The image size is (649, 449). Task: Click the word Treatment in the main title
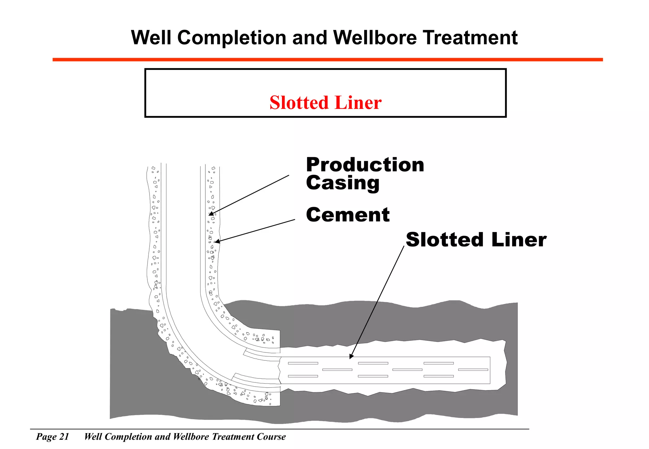(470, 38)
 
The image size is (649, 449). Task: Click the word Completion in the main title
(232, 38)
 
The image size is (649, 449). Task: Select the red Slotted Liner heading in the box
(325, 103)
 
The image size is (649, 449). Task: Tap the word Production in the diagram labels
(365, 165)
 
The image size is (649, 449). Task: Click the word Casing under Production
(343, 183)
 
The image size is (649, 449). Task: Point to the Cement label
(348, 215)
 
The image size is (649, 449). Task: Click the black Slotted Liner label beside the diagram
(476, 239)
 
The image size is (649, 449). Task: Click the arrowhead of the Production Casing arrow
(211, 214)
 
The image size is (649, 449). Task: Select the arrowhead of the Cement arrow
(217, 242)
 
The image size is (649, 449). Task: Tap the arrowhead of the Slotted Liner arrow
(351, 357)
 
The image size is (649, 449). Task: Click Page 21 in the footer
(53, 437)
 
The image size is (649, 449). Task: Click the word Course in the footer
(271, 437)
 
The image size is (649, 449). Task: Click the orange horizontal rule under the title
(327, 60)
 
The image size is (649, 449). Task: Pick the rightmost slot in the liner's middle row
(473, 370)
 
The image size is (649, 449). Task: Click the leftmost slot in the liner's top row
(303, 363)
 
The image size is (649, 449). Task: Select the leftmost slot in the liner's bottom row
(303, 376)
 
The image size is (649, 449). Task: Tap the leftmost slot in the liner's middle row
(337, 370)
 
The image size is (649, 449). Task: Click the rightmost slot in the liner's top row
(439, 363)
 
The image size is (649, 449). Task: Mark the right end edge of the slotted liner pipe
(490, 370)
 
